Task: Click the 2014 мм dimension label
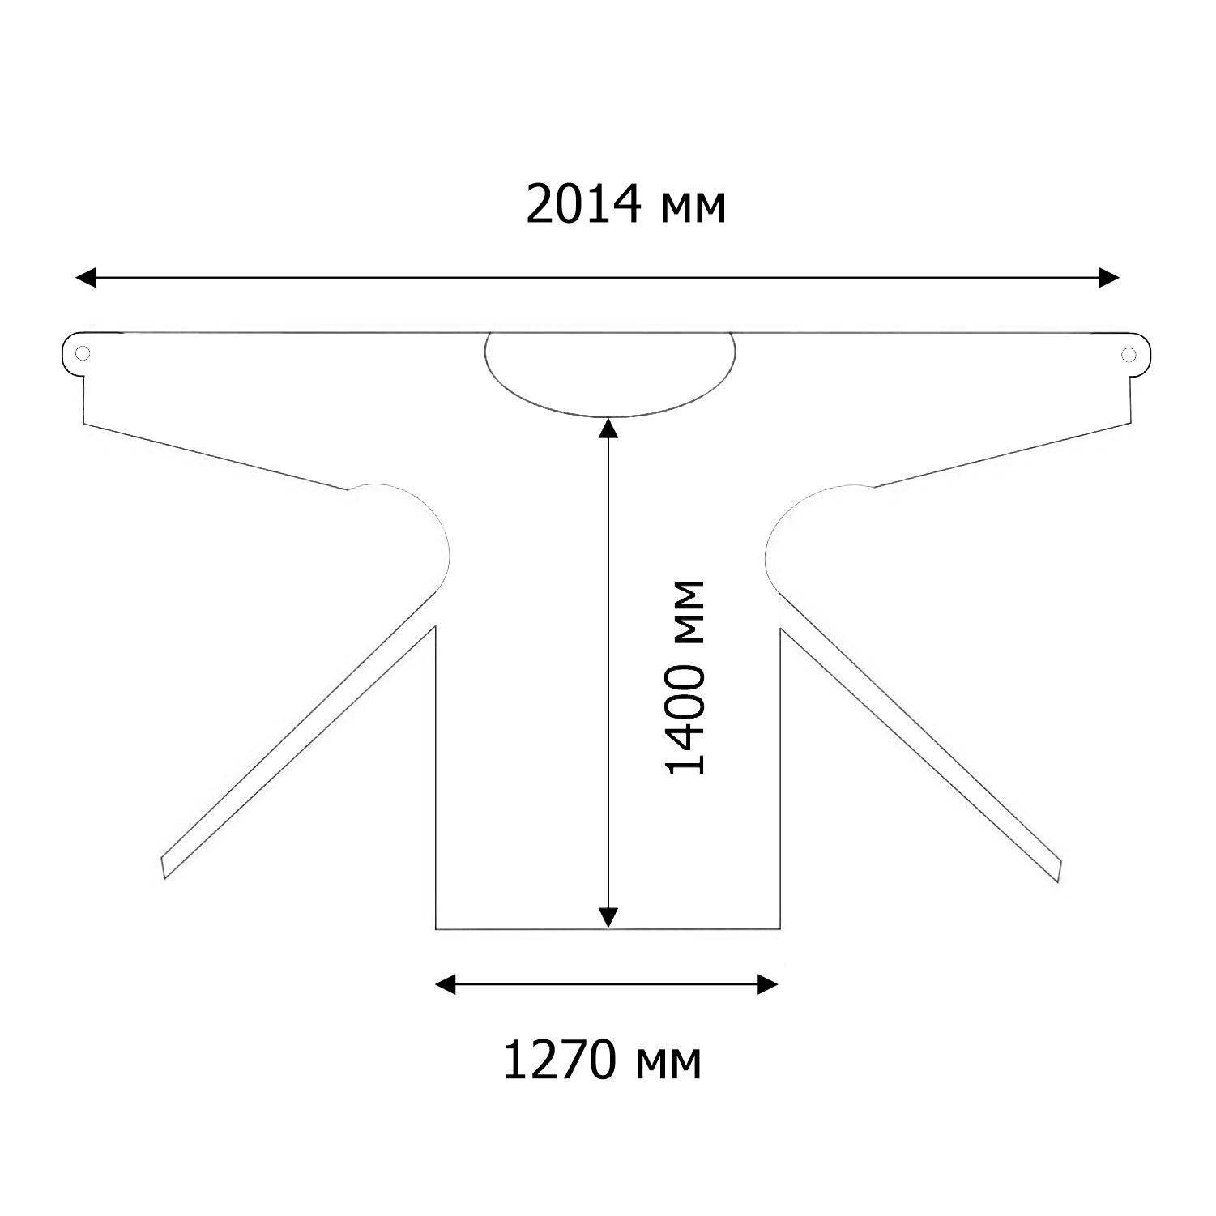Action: pos(625,206)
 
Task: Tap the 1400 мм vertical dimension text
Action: pos(685,677)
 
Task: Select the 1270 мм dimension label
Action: pos(602,1062)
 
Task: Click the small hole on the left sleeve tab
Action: pos(82,353)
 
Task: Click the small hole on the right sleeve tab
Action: pos(1128,354)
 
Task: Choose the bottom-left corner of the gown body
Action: pos(437,928)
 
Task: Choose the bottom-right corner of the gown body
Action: pos(779,928)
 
